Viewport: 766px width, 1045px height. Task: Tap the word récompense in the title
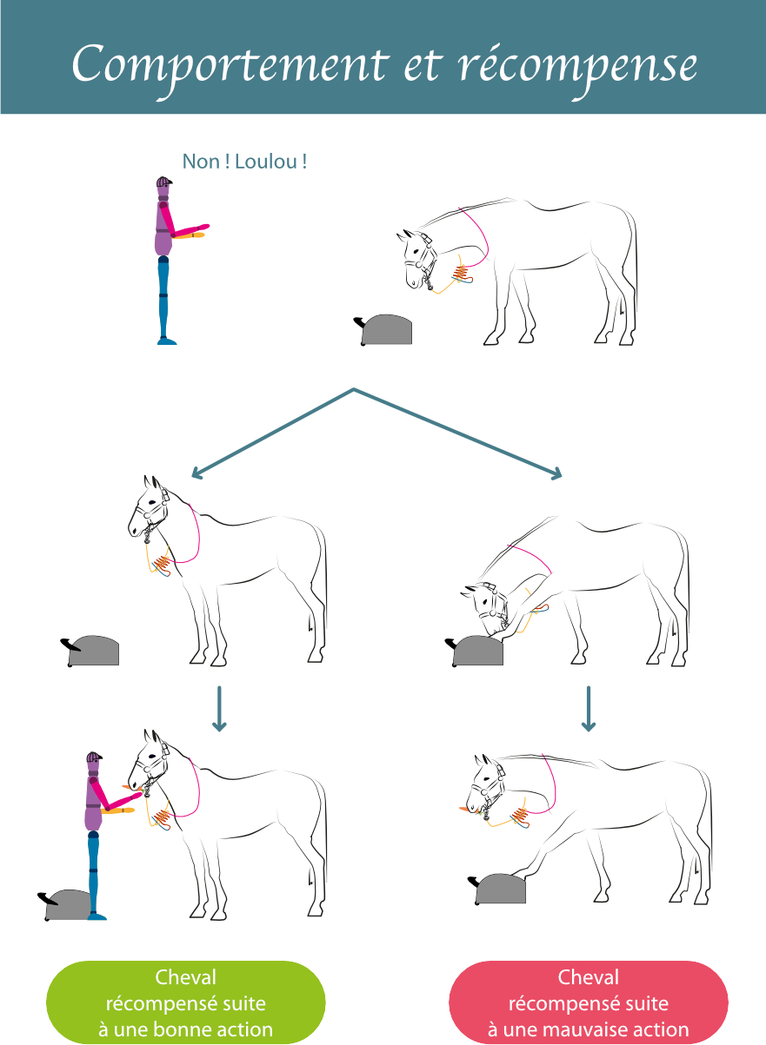coord(578,67)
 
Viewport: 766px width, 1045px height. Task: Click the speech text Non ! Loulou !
coord(244,162)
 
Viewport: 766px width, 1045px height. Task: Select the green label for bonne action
coord(186,1002)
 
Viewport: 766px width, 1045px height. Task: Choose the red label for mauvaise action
coord(589,1002)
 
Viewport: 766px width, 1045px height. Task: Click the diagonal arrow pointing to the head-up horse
coord(272,433)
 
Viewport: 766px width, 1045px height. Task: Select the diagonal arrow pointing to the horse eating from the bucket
coord(457,433)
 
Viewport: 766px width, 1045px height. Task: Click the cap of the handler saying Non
coord(164,182)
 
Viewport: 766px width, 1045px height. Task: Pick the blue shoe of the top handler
coord(167,341)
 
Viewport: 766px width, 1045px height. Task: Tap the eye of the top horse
coord(416,251)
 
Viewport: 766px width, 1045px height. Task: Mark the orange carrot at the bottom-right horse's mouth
coord(463,808)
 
